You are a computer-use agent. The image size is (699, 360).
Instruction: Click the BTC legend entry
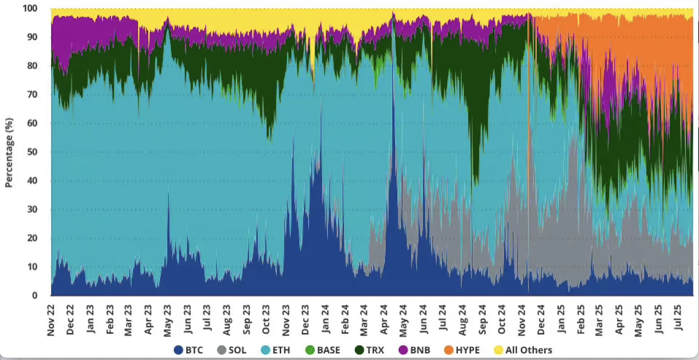(x=188, y=350)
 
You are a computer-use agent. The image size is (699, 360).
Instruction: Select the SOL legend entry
(x=232, y=350)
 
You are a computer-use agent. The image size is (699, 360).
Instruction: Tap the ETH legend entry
(x=276, y=350)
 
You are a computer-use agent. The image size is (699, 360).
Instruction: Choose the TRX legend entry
(x=370, y=350)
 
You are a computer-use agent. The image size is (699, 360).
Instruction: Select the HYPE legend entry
(x=462, y=350)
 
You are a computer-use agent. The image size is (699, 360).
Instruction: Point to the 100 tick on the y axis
(x=30, y=8)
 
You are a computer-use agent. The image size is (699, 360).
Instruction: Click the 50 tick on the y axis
(x=33, y=152)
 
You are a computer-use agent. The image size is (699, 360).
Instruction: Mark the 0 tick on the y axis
(x=35, y=295)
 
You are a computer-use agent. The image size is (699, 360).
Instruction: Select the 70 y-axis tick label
(x=33, y=95)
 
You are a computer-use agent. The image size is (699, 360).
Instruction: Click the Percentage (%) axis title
(x=9, y=153)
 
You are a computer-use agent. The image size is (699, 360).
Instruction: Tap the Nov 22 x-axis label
(x=51, y=320)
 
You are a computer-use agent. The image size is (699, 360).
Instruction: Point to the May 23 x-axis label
(x=167, y=320)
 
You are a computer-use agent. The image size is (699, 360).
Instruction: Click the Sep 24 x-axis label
(x=482, y=319)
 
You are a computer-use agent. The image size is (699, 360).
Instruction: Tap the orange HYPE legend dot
(x=449, y=350)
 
